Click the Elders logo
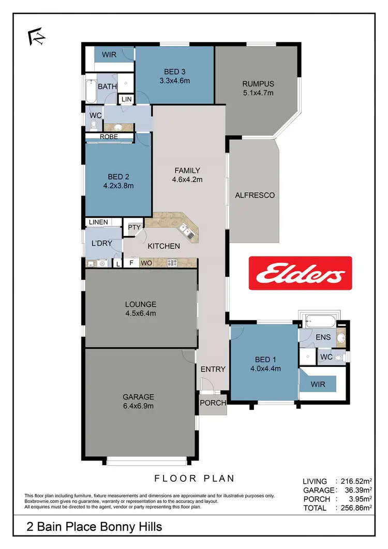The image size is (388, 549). [x=300, y=273]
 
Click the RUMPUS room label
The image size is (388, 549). [x=258, y=84]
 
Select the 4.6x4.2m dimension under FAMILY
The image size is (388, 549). [x=187, y=180]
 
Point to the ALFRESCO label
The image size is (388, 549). [x=255, y=195]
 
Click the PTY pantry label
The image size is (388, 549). [x=134, y=227]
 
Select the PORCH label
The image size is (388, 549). [x=213, y=403]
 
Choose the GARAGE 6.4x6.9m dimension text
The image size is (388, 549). [x=139, y=406]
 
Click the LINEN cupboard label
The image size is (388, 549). [x=98, y=222]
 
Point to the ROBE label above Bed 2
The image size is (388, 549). [x=109, y=137]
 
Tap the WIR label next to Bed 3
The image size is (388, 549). [x=109, y=54]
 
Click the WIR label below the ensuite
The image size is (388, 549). [x=317, y=384]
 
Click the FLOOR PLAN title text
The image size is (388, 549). [x=194, y=478]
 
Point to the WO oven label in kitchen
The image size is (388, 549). [x=146, y=263]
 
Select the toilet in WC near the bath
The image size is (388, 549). [x=94, y=125]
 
